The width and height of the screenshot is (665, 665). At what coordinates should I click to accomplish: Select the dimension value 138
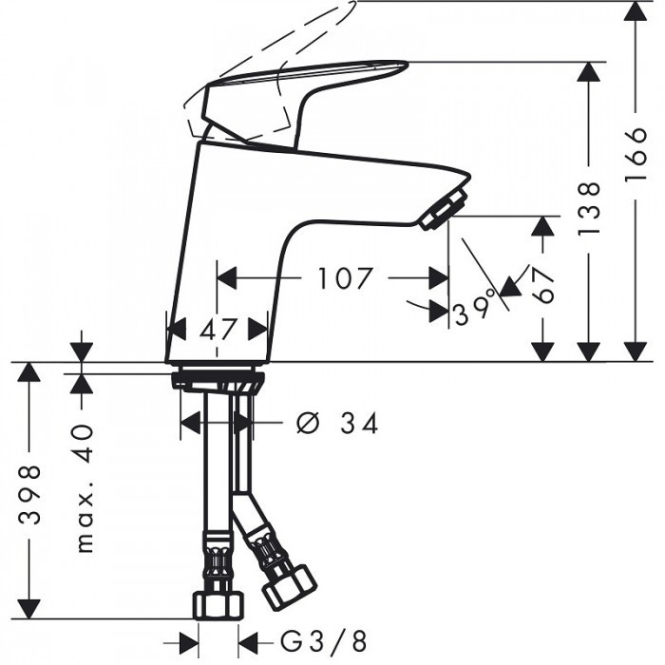[x=591, y=207]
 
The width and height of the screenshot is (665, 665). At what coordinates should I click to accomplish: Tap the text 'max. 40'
[x=86, y=488]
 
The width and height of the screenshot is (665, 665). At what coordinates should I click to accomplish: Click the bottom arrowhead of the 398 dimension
[x=30, y=609]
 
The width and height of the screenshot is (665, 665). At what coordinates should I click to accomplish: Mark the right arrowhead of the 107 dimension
[x=438, y=278]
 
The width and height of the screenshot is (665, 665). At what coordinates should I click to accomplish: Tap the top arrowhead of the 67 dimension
[x=542, y=226]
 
